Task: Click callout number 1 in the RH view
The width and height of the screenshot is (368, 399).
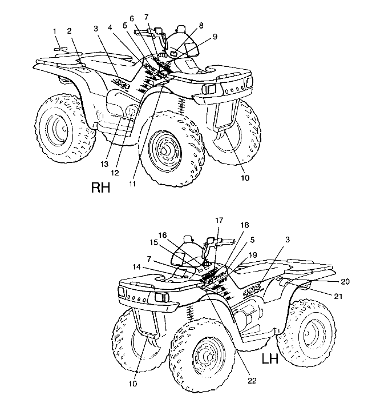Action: [x=55, y=30]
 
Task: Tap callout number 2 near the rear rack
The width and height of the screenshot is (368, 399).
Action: [x=69, y=30]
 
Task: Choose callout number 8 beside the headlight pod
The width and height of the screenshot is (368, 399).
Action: [x=201, y=25]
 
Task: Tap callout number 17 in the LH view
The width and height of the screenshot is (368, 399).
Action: [x=220, y=220]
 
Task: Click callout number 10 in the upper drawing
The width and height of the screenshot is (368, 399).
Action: [x=245, y=178]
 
